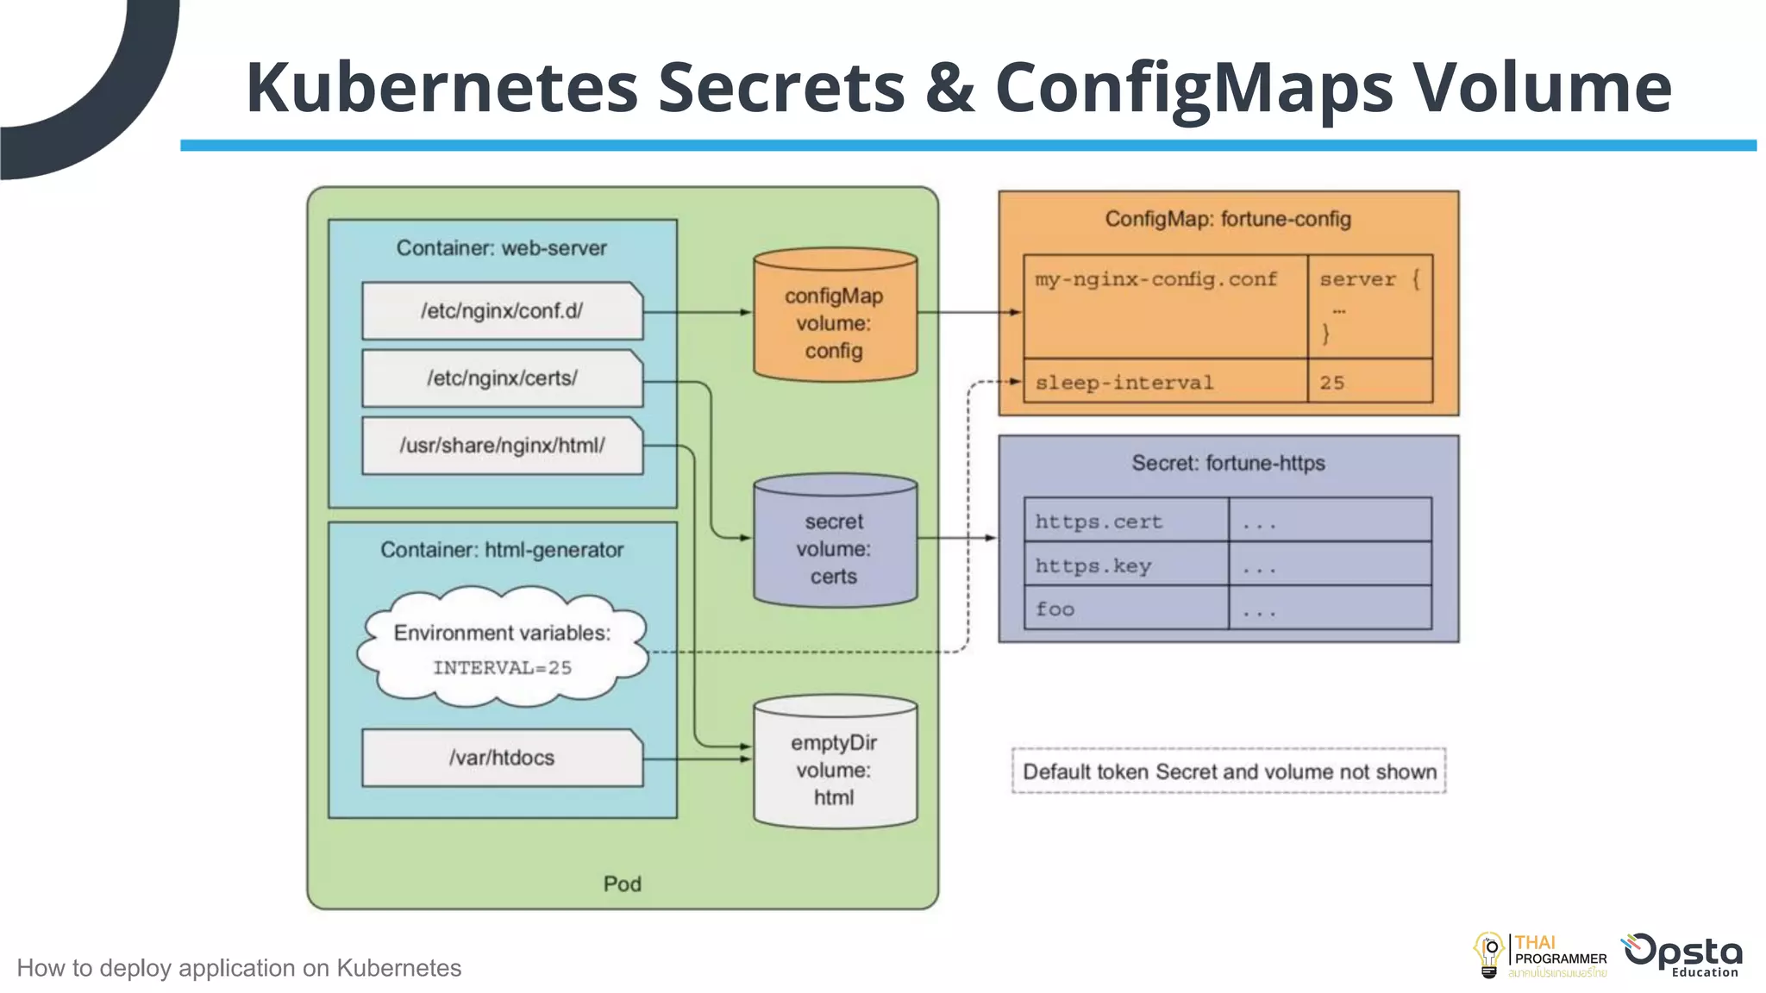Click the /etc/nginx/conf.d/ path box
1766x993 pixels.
point(502,311)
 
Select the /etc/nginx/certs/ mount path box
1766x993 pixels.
point(502,378)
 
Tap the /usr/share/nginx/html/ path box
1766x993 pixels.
point(502,446)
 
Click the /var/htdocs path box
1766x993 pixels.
point(502,758)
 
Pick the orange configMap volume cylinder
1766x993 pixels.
point(834,319)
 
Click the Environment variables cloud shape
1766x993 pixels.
point(502,648)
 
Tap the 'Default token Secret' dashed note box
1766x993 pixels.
point(1229,771)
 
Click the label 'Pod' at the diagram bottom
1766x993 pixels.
point(622,884)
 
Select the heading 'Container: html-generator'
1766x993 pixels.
point(502,550)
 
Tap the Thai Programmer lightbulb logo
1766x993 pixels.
point(1489,955)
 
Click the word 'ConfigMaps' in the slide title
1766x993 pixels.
point(1193,88)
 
